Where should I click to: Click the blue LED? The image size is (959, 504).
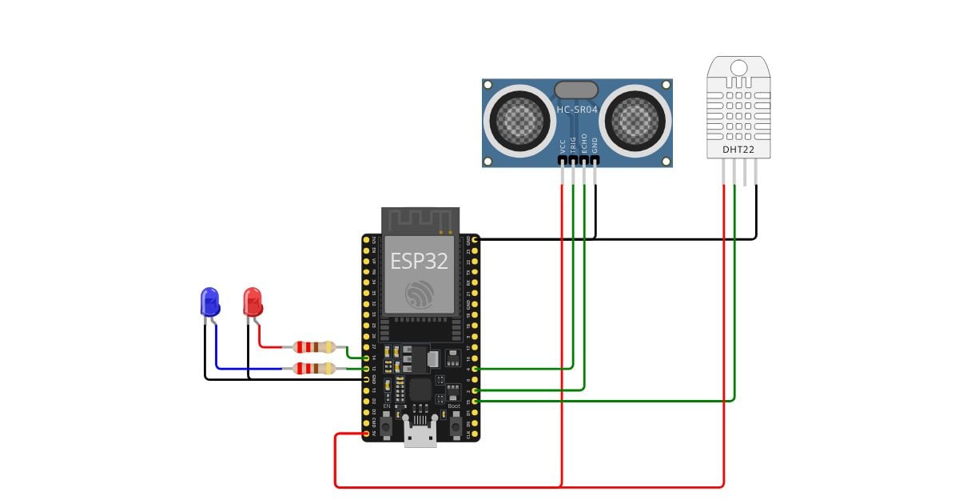click(x=209, y=302)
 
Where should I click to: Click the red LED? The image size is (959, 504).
click(x=253, y=302)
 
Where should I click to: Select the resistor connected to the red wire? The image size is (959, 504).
click(x=314, y=347)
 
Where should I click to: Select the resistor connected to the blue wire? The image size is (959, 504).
click(x=314, y=368)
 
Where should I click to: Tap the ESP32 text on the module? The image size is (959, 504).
click(x=419, y=262)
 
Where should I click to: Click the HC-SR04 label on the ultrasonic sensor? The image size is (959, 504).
click(x=576, y=108)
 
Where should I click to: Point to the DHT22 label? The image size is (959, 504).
click(x=738, y=149)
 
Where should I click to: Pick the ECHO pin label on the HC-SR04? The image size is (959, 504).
click(x=584, y=143)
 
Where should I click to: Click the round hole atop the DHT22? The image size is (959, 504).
click(x=738, y=69)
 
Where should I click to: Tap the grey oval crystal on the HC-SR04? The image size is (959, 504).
click(x=576, y=90)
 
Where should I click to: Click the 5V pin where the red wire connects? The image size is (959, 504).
click(x=366, y=434)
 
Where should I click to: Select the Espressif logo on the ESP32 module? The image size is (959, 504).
click(x=419, y=294)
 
